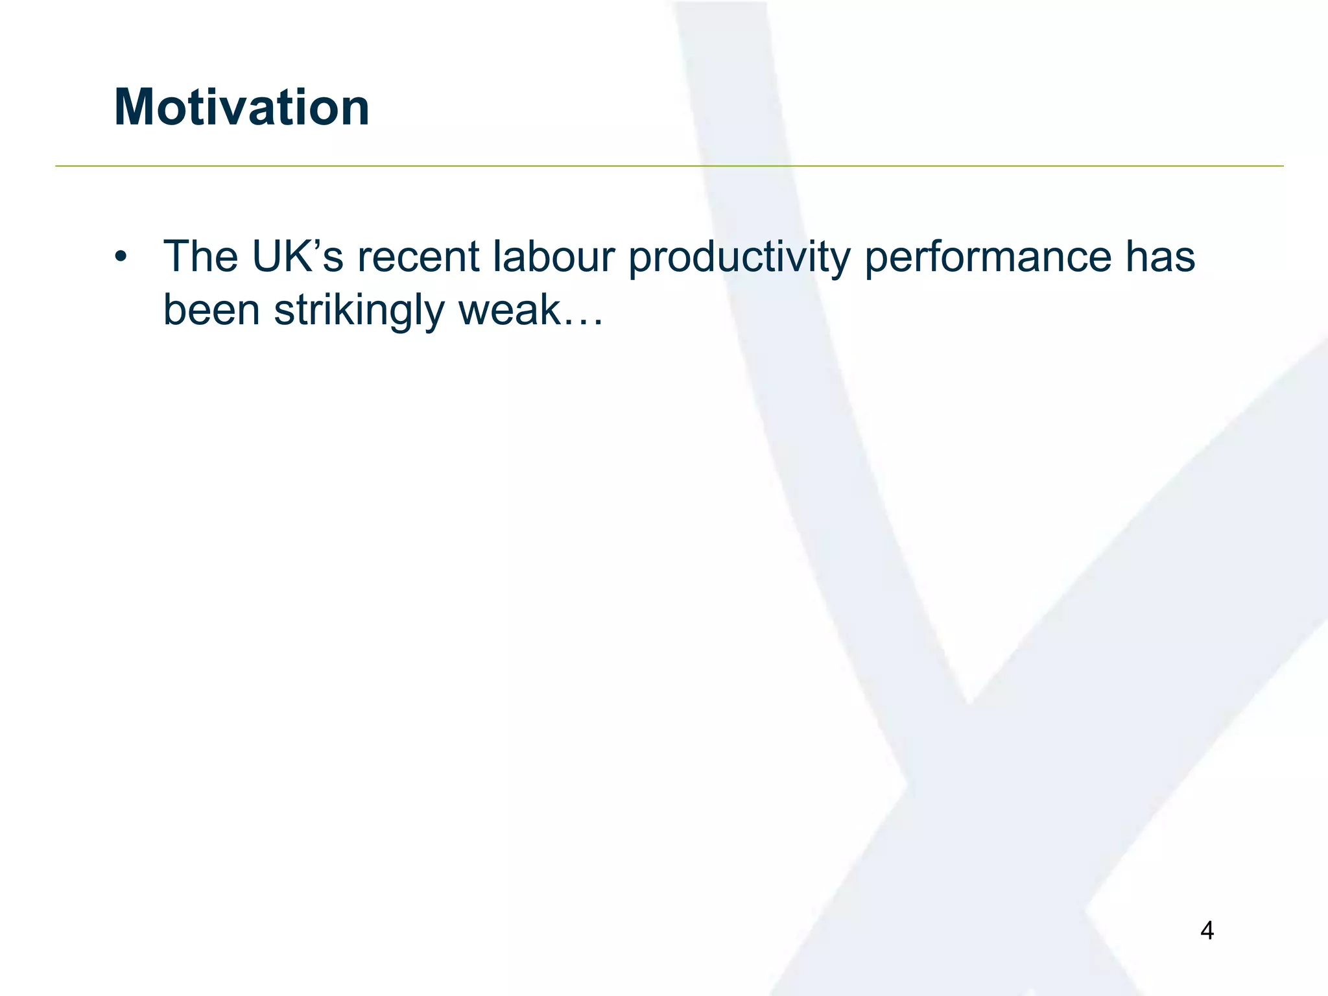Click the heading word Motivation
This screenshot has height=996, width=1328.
pyautogui.click(x=241, y=107)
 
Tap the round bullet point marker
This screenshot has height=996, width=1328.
pyautogui.click(x=120, y=257)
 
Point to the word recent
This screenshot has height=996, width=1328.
pyautogui.click(x=418, y=257)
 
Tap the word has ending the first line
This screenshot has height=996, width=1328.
pyautogui.click(x=1160, y=257)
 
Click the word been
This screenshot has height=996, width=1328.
pyautogui.click(x=211, y=310)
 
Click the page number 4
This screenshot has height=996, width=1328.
pyautogui.click(x=1207, y=931)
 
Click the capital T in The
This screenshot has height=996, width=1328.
pyautogui.click(x=177, y=257)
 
